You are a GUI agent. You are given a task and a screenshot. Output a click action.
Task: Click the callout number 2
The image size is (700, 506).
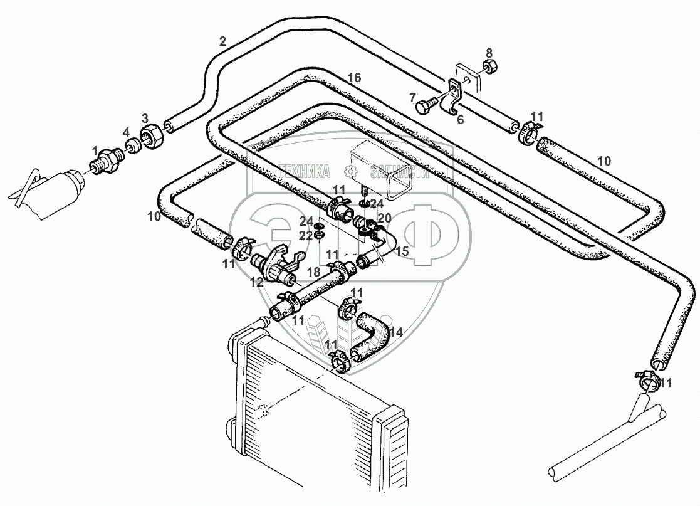222,42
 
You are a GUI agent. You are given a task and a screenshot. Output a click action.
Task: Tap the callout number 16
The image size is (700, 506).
354,78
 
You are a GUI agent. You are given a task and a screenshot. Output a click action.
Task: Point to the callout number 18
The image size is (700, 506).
313,271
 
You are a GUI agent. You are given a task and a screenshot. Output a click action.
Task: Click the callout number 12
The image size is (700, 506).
257,282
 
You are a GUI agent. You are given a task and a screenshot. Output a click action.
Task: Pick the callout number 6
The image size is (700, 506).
460,120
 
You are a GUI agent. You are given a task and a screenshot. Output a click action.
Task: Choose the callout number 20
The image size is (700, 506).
384,218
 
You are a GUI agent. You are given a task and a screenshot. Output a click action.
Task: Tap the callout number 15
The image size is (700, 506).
402,251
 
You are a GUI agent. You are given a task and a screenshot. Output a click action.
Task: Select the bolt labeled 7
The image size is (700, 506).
427,107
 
